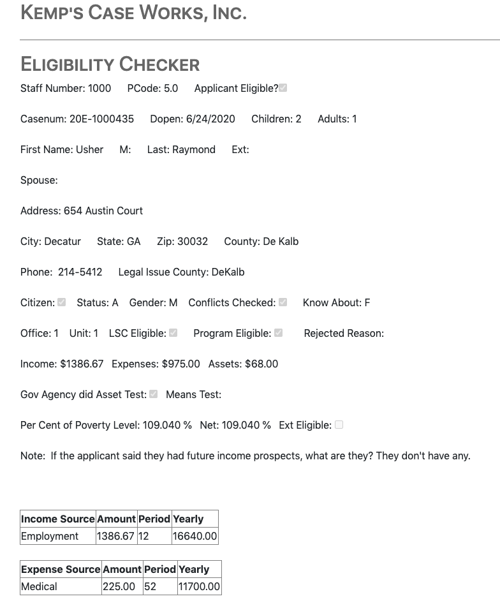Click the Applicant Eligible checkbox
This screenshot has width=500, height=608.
click(x=283, y=88)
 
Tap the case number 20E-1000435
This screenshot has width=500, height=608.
click(x=101, y=119)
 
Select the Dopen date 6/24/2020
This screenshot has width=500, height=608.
click(x=210, y=119)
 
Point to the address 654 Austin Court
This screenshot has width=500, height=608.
click(x=103, y=211)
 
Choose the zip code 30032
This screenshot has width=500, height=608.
click(x=192, y=242)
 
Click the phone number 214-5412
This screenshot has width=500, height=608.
click(x=80, y=272)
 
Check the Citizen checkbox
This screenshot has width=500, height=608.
click(x=62, y=302)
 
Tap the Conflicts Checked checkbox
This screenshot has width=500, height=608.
click(x=283, y=302)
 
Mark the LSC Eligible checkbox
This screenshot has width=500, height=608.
click(x=173, y=333)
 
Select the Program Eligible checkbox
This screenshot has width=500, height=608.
click(x=278, y=333)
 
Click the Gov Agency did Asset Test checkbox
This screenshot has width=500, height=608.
click(x=153, y=394)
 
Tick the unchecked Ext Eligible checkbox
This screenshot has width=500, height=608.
click(x=339, y=425)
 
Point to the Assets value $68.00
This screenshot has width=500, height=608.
click(x=261, y=364)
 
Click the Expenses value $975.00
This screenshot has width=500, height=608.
click(x=181, y=364)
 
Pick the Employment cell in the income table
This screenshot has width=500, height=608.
click(x=50, y=537)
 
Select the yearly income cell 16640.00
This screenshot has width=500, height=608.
click(x=195, y=537)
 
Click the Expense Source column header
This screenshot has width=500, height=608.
click(x=61, y=569)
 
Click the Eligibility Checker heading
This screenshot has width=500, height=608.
click(x=110, y=64)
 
